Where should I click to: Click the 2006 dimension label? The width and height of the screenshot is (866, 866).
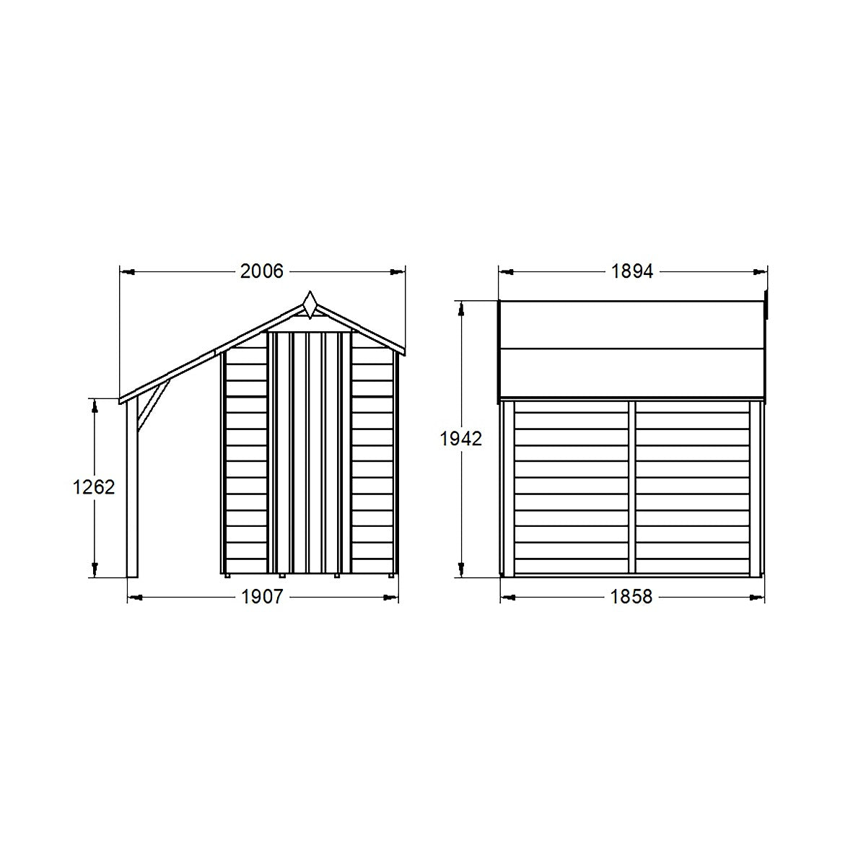(263, 271)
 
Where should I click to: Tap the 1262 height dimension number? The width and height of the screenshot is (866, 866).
(94, 487)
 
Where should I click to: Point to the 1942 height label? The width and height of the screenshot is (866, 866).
(460, 438)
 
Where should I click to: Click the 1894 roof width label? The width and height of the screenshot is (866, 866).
(631, 271)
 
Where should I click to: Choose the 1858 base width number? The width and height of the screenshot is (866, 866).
(631, 597)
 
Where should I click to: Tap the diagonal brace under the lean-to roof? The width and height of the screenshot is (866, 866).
(153, 404)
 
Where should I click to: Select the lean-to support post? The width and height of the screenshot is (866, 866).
(132, 491)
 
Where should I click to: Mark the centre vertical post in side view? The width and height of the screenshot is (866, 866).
(631, 487)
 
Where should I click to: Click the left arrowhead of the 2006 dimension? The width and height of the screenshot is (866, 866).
(127, 272)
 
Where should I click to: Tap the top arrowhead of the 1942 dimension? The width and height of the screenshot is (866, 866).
(460, 308)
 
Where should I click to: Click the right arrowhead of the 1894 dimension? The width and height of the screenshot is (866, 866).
(758, 272)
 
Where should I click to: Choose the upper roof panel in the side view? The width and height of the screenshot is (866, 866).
(631, 325)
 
